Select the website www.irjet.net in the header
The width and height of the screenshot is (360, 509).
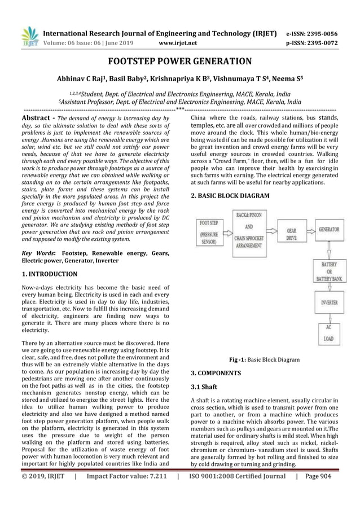point(179,41)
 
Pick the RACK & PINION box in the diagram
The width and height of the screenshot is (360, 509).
point(251,230)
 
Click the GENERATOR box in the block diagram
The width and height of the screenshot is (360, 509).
point(329,230)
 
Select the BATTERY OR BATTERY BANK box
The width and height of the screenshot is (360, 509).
point(330,271)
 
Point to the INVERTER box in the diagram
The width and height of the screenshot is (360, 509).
point(330,302)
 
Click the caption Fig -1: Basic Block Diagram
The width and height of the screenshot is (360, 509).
point(264,359)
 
